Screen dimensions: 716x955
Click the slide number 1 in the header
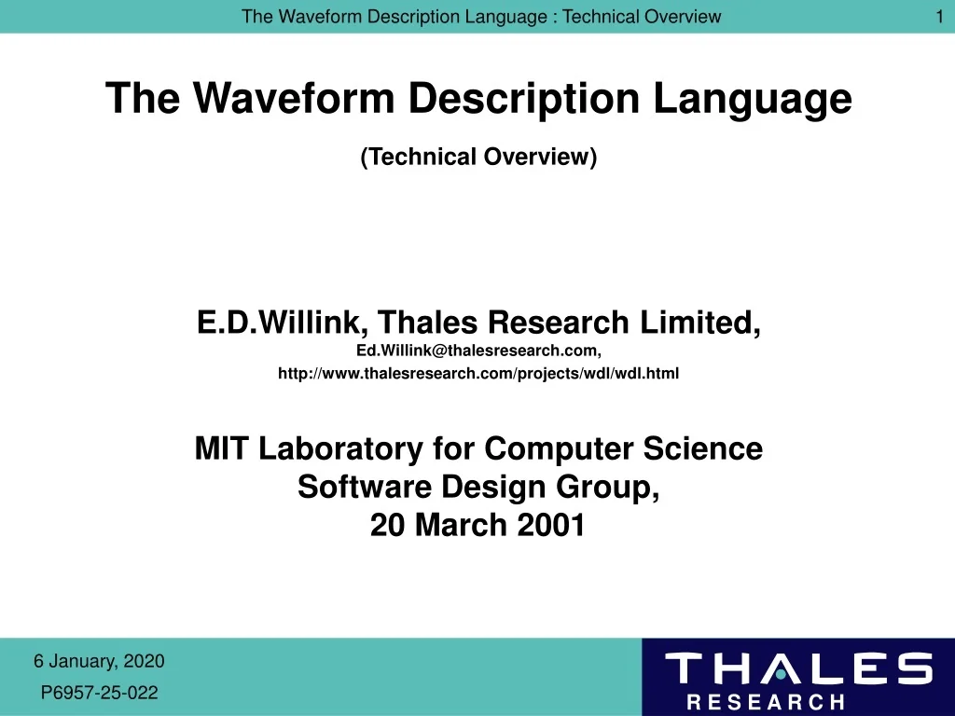939,16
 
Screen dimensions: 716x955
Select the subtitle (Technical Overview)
478,157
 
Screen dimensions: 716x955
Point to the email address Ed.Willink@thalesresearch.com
478,351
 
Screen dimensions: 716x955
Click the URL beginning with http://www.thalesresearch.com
478,374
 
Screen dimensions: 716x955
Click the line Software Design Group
478,487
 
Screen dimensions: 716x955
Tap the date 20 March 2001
478,526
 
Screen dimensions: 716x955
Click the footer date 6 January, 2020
99,662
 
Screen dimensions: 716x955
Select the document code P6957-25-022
100,693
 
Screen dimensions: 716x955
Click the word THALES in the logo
797,669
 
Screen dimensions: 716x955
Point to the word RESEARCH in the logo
765,702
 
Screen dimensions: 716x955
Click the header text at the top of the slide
480,16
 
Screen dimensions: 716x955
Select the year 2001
552,526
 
